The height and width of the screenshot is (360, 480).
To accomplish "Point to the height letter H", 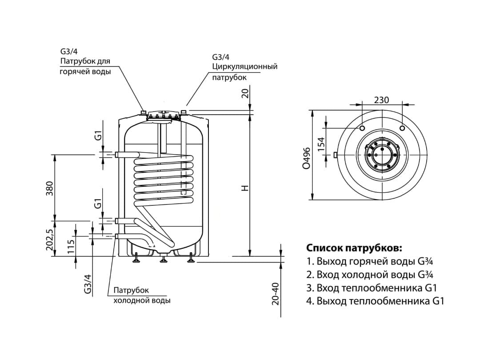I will (x=244, y=188).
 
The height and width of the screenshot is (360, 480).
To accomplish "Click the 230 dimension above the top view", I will (x=381, y=100).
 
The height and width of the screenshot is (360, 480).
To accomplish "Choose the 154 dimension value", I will (x=321, y=142).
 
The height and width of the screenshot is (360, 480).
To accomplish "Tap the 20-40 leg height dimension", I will (x=276, y=293).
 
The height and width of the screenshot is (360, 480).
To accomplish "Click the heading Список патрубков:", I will (x=354, y=248).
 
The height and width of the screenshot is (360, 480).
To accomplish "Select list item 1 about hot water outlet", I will (x=370, y=261).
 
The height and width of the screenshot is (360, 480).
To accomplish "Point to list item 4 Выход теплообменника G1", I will (x=375, y=301).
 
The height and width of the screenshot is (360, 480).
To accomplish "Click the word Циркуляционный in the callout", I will (x=245, y=67).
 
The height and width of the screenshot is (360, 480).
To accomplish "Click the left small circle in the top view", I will (x=362, y=128).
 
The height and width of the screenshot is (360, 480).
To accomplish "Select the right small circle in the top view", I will (x=402, y=128).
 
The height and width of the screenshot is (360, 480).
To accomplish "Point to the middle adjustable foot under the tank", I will (x=163, y=259).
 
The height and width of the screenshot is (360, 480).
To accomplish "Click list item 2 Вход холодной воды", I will (x=370, y=274).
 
